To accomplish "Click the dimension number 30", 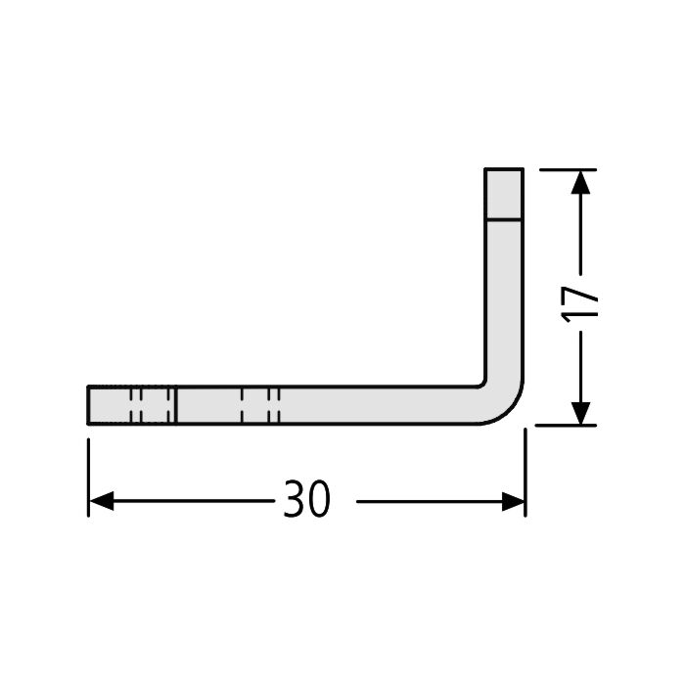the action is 306,498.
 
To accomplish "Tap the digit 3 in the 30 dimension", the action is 294,498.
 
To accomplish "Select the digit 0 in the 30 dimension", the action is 319,498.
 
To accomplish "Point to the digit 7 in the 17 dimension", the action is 579,296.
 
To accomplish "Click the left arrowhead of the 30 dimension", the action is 102,501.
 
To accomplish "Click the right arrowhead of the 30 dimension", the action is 513,501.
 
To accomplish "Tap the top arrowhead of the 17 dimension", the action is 580,182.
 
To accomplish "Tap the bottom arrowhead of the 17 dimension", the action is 580,413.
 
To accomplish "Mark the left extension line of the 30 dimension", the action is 89,478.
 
